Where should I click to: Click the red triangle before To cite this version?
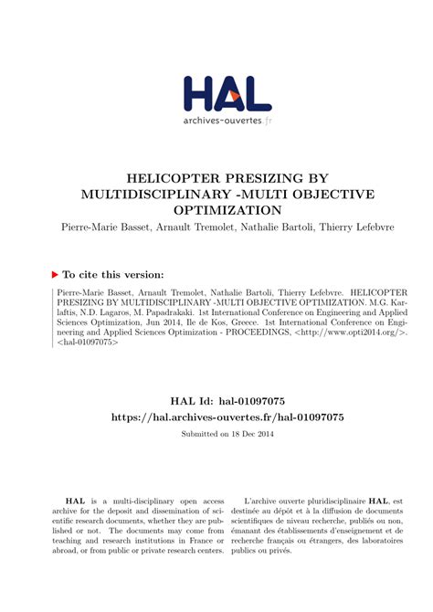tap(54, 274)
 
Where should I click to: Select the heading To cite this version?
tap(113, 274)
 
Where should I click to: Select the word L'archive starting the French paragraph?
tap(266, 501)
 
